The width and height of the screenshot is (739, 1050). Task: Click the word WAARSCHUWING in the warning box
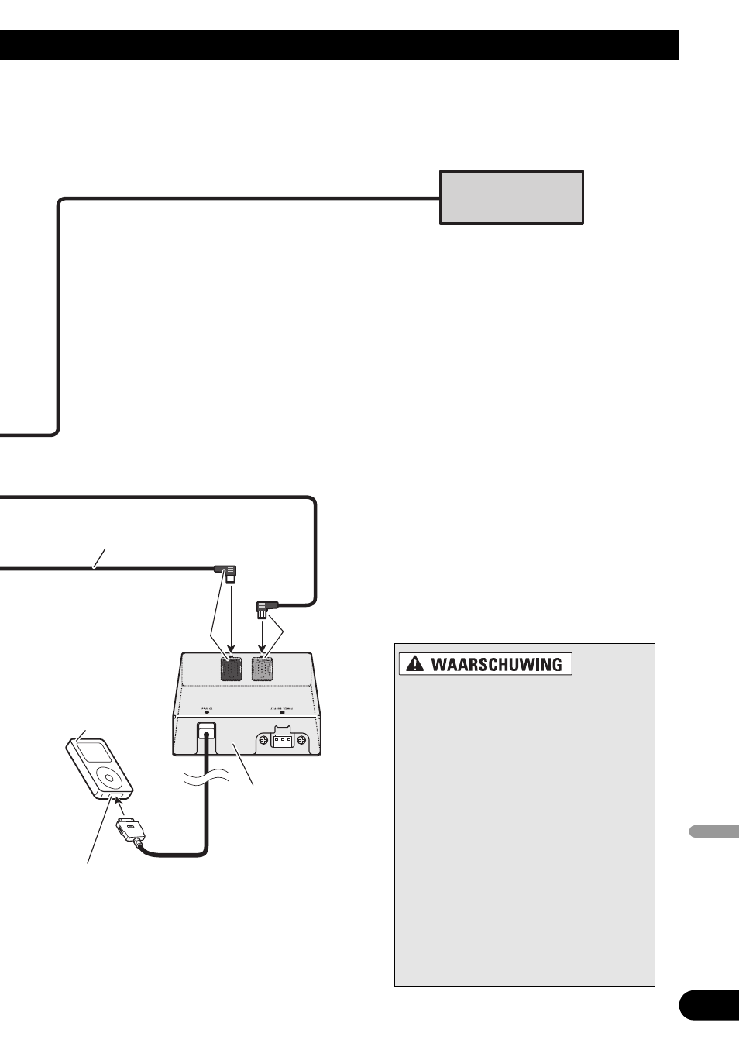496,664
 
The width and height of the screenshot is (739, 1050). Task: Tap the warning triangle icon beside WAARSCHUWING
415,664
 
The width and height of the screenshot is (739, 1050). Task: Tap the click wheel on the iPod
111,776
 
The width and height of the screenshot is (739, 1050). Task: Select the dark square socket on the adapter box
232,668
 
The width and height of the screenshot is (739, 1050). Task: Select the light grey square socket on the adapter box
263,668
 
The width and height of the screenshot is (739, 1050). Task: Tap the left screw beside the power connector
263,740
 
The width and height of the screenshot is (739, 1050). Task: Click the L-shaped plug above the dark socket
229,573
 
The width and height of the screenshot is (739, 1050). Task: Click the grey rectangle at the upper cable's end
511,198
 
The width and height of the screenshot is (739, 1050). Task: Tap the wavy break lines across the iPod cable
206,779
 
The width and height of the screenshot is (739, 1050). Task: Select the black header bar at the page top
339,45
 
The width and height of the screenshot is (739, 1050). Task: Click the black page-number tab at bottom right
709,1005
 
